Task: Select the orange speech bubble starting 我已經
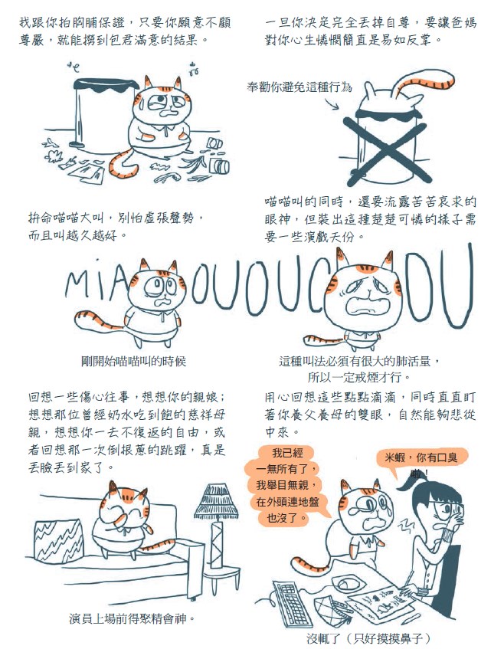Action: [x=287, y=485]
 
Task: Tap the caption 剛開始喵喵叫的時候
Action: [x=133, y=362]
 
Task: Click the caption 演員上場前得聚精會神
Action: [x=132, y=619]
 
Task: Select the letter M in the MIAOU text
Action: [x=76, y=285]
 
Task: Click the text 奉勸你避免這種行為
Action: [x=299, y=87]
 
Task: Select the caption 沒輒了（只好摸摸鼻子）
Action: [x=368, y=638]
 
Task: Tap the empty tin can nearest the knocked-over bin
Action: [x=214, y=143]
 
